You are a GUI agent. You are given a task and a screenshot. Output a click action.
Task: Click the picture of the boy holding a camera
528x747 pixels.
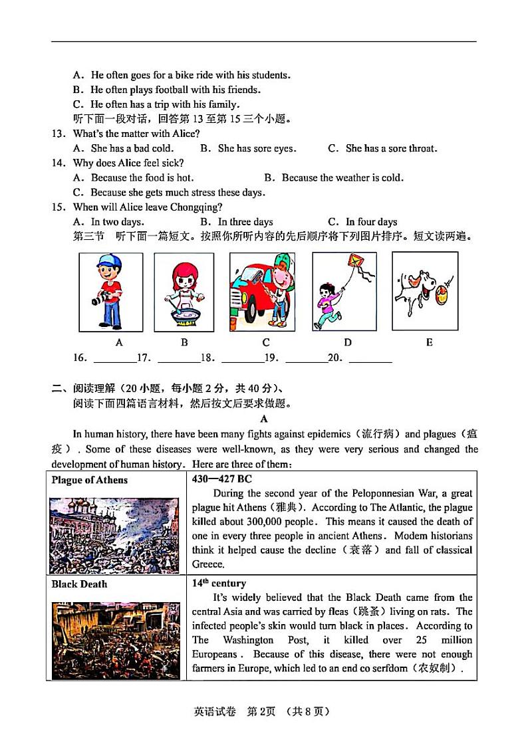[110, 291]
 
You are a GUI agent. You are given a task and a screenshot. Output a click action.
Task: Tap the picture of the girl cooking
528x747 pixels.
[184, 292]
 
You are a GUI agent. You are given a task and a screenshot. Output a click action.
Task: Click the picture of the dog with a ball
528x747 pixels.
[425, 290]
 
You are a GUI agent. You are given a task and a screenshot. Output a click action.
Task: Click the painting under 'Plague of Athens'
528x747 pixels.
[114, 535]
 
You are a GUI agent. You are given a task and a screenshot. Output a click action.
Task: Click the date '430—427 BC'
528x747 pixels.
[221, 479]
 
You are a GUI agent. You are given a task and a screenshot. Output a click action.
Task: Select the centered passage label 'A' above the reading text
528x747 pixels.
[264, 419]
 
